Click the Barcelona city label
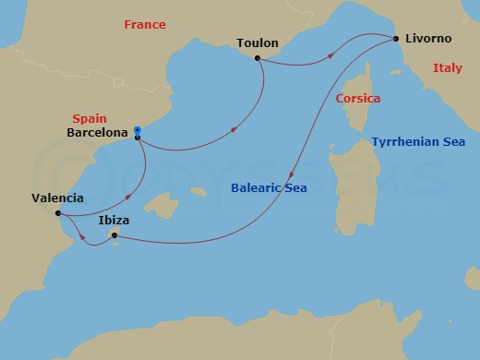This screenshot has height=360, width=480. [98, 133]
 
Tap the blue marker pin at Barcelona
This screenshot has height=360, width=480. [137, 131]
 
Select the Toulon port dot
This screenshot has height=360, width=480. [258, 58]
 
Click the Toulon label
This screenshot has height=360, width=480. [257, 42]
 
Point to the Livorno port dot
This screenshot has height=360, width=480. [395, 40]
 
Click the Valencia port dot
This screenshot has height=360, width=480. [58, 213]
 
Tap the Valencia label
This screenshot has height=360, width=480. [57, 198]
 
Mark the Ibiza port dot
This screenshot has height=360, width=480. [114, 235]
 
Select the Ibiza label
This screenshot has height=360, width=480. [114, 221]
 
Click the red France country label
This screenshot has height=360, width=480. [144, 25]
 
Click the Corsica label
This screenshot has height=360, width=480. [358, 98]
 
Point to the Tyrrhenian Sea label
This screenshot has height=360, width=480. [418, 142]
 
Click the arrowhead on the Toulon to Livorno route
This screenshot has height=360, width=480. [332, 56]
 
